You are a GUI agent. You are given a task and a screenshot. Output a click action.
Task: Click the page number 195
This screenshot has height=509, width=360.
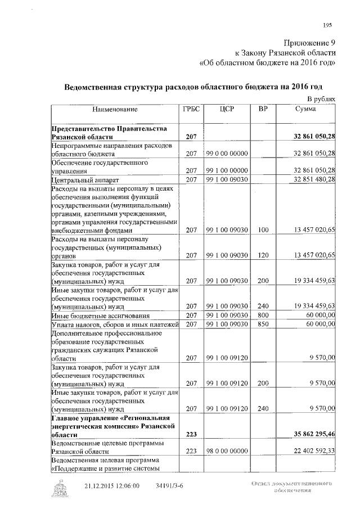point(328,24)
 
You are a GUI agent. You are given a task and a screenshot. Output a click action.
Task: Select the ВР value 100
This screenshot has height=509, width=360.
point(263,231)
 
